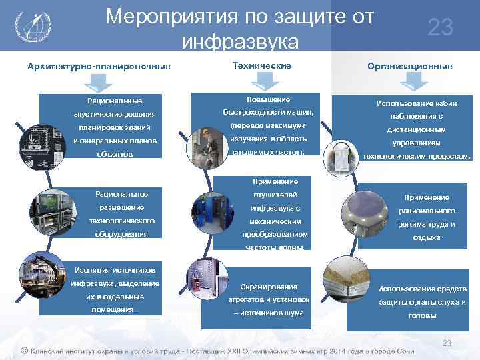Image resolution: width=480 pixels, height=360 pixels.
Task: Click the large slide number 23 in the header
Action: (x=440, y=27)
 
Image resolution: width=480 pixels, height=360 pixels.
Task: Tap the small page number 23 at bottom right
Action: (x=447, y=343)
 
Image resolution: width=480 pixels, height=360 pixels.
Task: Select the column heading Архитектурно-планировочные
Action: (x=99, y=66)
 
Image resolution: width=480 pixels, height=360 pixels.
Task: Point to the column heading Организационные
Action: (x=409, y=66)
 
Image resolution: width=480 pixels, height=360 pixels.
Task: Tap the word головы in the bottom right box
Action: (x=422, y=315)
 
